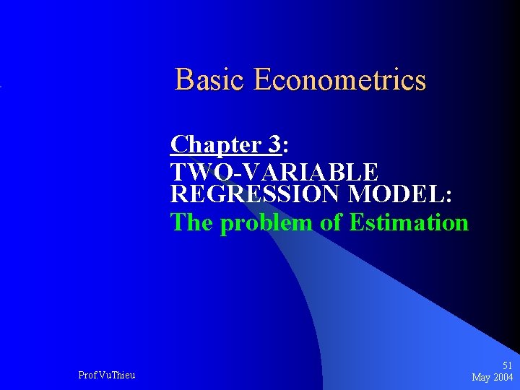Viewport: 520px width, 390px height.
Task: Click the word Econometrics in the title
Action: pyautogui.click(x=339, y=79)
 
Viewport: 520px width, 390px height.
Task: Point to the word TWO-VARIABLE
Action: pyautogui.click(x=274, y=172)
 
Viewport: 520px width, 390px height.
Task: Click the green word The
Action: pyautogui.click(x=191, y=222)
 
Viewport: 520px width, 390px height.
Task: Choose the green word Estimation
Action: pyautogui.click(x=409, y=222)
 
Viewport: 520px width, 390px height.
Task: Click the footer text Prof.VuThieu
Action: pyautogui.click(x=106, y=374)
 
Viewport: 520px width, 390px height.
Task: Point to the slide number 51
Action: pyautogui.click(x=507, y=366)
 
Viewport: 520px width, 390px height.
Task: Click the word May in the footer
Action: pyautogui.click(x=481, y=377)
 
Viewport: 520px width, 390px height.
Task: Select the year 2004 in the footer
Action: pyautogui.click(x=503, y=377)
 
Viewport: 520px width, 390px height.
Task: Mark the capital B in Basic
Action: pyautogui.click(x=183, y=79)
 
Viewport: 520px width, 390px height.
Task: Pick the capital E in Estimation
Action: pyautogui.click(x=355, y=222)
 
